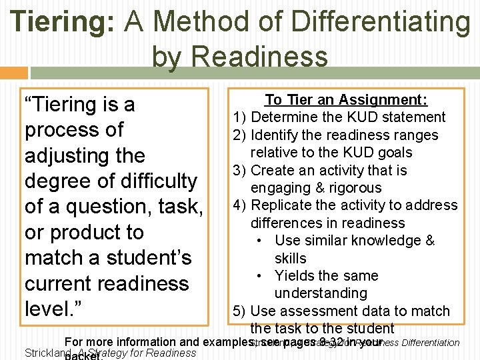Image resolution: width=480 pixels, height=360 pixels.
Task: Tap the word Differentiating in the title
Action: click(377, 22)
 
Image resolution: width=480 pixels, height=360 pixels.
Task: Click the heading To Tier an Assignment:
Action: click(346, 100)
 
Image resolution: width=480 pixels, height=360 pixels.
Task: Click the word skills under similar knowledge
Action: click(290, 259)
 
